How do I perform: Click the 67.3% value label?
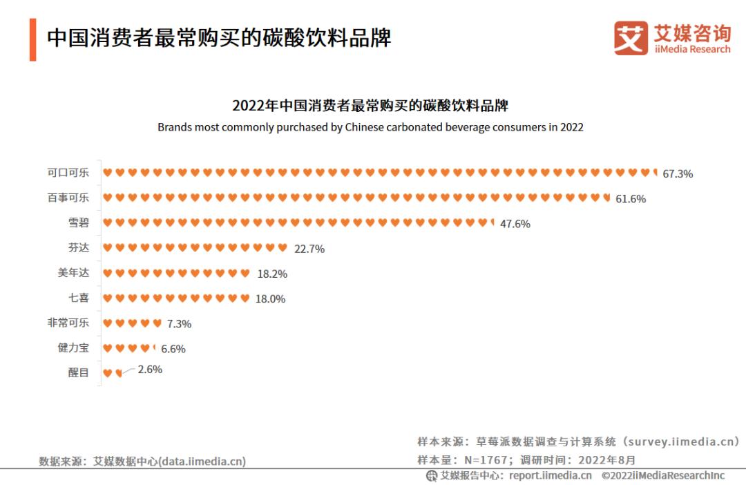point(677,174)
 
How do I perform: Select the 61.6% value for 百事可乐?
point(631,199)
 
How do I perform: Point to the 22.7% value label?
point(309,249)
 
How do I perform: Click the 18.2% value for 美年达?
point(272,274)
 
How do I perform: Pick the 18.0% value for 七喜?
point(270,298)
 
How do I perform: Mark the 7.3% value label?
point(179,323)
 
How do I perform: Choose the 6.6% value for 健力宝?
point(173,349)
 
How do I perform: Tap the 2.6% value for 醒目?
point(150,370)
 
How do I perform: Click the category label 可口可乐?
point(68,173)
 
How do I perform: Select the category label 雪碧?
point(79,222)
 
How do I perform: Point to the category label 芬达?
point(79,247)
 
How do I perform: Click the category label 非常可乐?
point(68,323)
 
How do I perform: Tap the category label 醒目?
point(79,372)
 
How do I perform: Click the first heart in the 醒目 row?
point(107,373)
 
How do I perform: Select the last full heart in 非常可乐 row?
point(157,323)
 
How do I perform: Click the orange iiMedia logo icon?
point(631,38)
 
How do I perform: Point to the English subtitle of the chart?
point(370,127)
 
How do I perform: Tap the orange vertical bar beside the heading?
point(32,39)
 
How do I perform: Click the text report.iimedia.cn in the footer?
point(550,475)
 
